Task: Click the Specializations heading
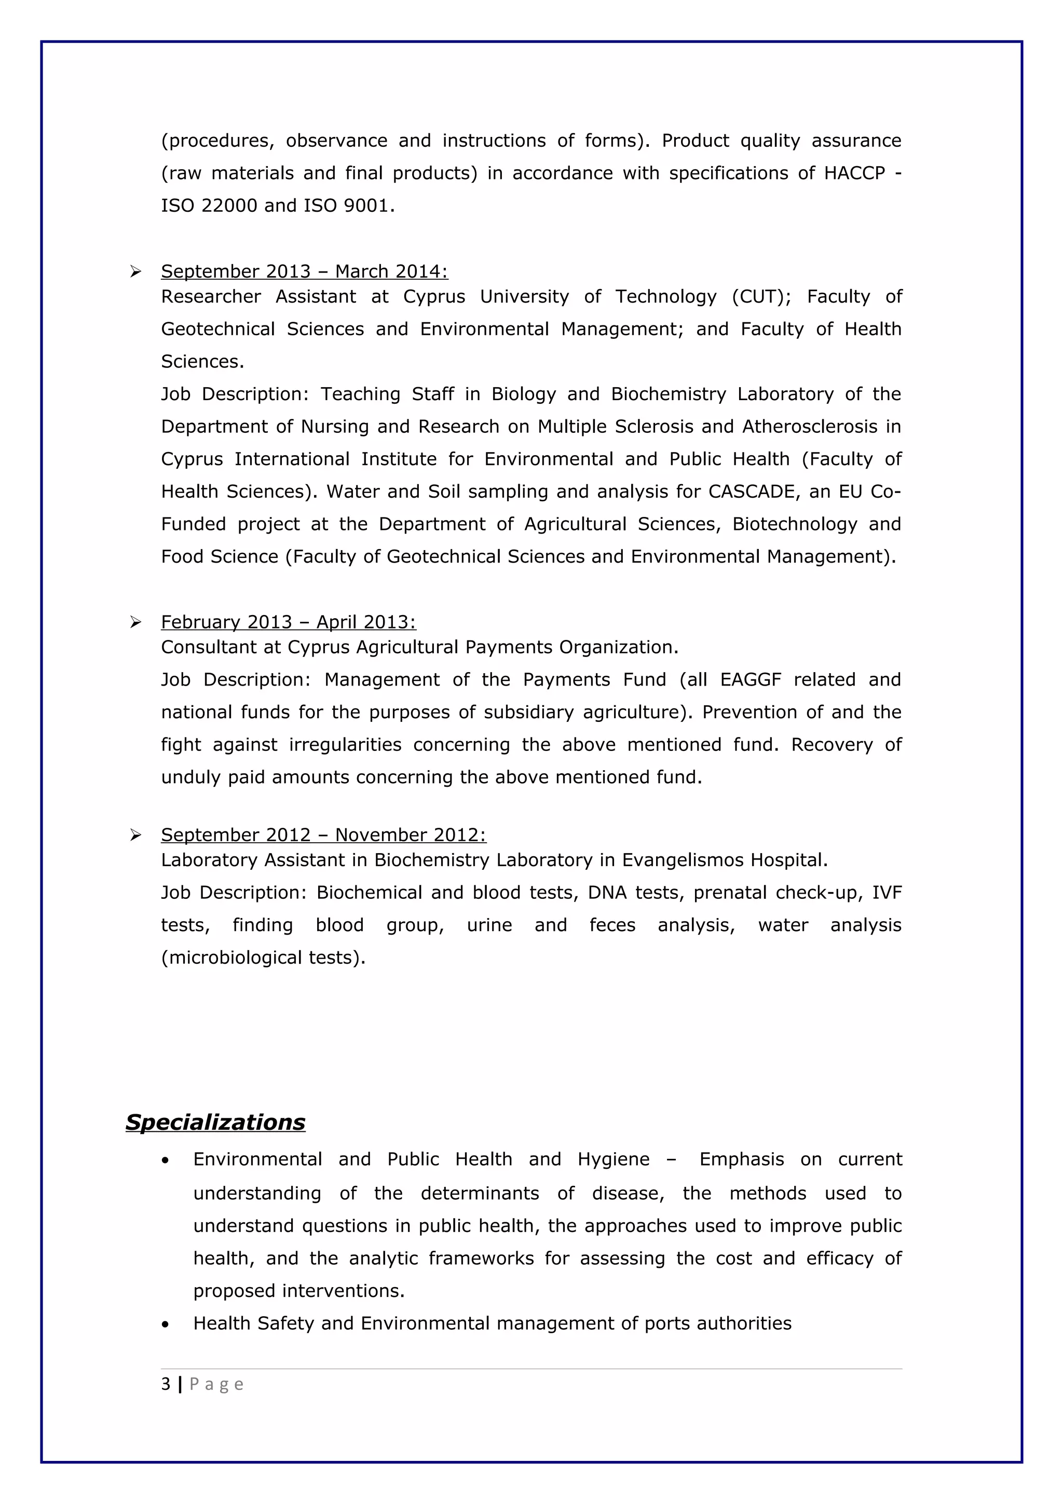coord(215,1122)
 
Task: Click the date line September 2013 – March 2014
coord(304,271)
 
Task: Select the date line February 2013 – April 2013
coord(288,622)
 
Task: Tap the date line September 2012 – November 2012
coord(323,835)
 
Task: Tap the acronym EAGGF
coord(751,680)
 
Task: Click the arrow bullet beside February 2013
coord(135,622)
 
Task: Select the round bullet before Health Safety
coord(166,1324)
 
